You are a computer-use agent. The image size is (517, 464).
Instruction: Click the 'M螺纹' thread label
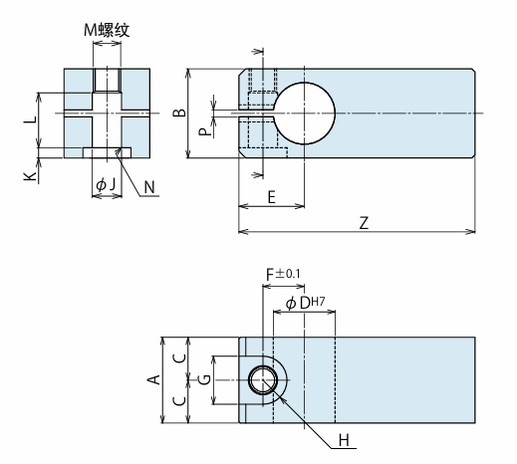(107, 30)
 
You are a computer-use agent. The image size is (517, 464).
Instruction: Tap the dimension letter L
(31, 119)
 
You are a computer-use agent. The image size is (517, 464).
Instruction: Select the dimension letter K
(30, 175)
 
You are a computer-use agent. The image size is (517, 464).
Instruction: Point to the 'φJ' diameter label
(106, 184)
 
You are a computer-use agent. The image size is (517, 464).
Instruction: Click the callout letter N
(149, 187)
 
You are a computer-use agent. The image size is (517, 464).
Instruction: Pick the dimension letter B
(179, 113)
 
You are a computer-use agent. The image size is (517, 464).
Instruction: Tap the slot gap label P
(204, 131)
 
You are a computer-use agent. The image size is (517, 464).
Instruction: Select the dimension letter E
(272, 197)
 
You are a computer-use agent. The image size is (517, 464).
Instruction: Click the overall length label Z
(364, 223)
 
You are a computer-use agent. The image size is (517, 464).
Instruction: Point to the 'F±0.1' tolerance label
(283, 274)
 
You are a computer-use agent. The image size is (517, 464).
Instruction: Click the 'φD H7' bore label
(305, 303)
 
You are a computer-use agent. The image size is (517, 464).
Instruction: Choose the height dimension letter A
(153, 379)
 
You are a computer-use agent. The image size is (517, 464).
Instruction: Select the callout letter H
(344, 440)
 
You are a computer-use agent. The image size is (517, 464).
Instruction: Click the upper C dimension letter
(179, 358)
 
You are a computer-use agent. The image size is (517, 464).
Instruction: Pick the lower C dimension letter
(179, 401)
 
